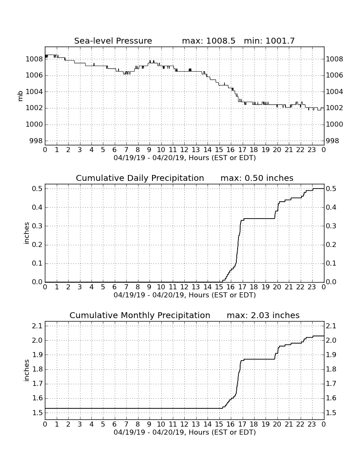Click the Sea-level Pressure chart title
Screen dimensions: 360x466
pyautogui.click(x=113, y=41)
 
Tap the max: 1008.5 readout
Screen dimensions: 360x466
pyautogui.click(x=208, y=41)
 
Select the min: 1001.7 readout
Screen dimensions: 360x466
pyautogui.click(x=269, y=41)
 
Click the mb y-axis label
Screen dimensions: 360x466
pyautogui.click(x=20, y=96)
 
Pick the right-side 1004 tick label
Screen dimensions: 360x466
pyautogui.click(x=335, y=92)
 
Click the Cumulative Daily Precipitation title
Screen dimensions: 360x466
pyautogui.click(x=140, y=178)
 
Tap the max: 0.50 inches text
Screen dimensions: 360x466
pyautogui.click(x=257, y=178)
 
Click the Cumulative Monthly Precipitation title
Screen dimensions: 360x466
pyautogui.click(x=140, y=315)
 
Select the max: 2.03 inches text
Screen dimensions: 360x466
pyautogui.click(x=263, y=315)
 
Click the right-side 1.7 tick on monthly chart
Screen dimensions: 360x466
pyautogui.click(x=331, y=384)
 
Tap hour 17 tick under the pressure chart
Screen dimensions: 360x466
pyautogui.click(x=242, y=150)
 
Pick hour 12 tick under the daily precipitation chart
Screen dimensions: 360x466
pyautogui.click(x=185, y=287)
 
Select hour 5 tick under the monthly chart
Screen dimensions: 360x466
pyautogui.click(x=103, y=424)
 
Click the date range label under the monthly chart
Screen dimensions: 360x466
pyautogui.click(x=185, y=432)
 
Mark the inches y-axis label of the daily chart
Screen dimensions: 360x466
pyautogui.click(x=27, y=233)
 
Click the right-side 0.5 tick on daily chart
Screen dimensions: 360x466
pyautogui.click(x=331, y=189)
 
